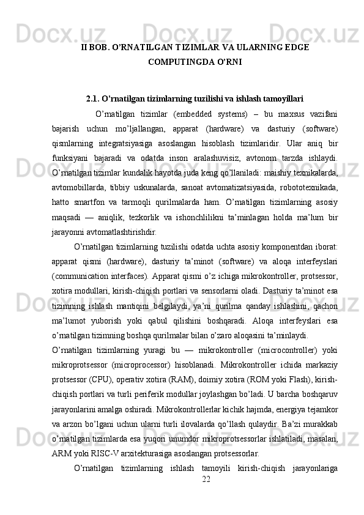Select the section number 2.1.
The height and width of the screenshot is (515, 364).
click(93, 97)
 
